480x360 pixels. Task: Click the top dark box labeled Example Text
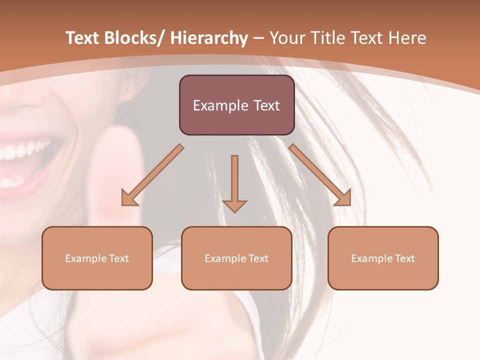(236, 105)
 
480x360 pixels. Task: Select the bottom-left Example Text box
(97, 258)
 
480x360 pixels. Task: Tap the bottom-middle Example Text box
(236, 258)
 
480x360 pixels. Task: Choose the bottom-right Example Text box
(383, 258)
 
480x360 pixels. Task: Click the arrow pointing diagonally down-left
(152, 175)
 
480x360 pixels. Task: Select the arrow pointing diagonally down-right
(320, 175)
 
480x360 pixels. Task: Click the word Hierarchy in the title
(209, 38)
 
